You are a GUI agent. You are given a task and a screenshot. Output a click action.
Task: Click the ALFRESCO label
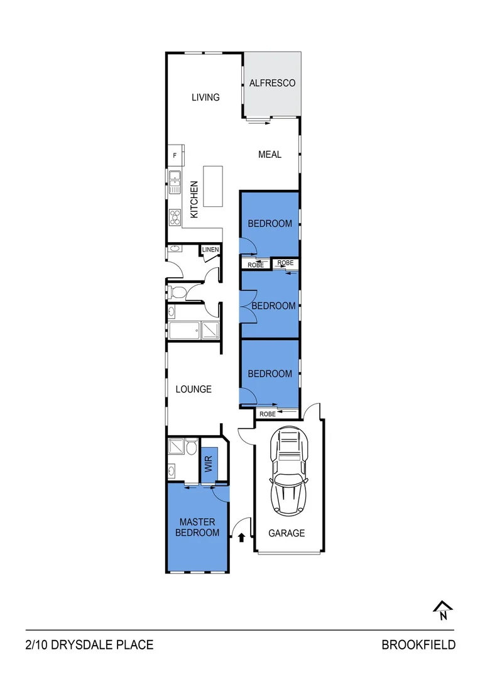pos(272,83)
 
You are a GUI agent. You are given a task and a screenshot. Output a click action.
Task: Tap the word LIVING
pos(205,97)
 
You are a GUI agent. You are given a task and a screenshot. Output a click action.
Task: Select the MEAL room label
pos(270,155)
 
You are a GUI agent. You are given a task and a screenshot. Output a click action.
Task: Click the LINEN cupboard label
pos(210,250)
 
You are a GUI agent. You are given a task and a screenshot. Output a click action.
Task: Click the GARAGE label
pos(286,533)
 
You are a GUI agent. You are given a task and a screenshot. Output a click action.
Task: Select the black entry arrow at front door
pos(241,536)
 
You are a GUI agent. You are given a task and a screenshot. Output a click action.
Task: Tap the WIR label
pos(209,465)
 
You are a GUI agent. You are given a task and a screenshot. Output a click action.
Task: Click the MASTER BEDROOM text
pos(197,527)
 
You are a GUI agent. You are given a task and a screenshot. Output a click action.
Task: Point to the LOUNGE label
pos(194,389)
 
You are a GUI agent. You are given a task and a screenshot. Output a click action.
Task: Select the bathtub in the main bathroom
pos(183,330)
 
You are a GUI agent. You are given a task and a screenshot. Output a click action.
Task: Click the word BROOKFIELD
pos(418,645)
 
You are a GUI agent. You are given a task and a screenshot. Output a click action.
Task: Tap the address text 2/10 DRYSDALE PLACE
pos(89,645)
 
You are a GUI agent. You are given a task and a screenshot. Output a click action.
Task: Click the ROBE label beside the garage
pos(268,414)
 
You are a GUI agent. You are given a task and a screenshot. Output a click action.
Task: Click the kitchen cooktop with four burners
pos(174,217)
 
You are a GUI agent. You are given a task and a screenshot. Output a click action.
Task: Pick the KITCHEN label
pos(194,200)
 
